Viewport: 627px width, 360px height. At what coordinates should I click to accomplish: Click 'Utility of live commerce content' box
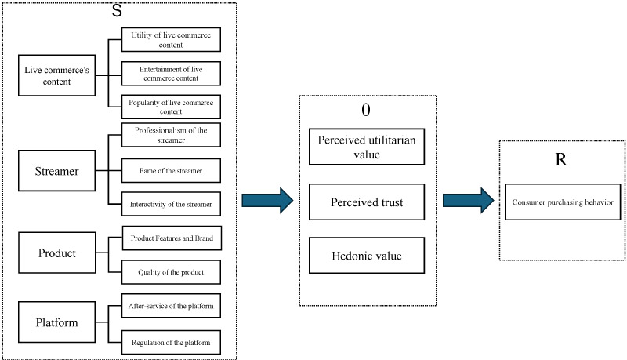(x=171, y=40)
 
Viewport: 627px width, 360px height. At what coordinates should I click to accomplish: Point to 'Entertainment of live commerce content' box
(x=171, y=74)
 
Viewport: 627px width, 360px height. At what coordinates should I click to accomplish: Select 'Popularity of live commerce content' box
(x=171, y=106)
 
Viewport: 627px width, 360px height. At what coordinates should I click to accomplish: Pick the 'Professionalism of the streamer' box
(x=171, y=135)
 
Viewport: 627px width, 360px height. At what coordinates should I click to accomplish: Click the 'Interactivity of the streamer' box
(x=171, y=204)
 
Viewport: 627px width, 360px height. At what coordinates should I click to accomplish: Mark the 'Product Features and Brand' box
(x=171, y=238)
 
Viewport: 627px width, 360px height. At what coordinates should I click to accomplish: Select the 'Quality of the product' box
(x=171, y=271)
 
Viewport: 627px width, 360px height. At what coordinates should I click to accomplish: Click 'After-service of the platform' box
(x=171, y=305)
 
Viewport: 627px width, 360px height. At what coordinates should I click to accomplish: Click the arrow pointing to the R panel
(x=468, y=201)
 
